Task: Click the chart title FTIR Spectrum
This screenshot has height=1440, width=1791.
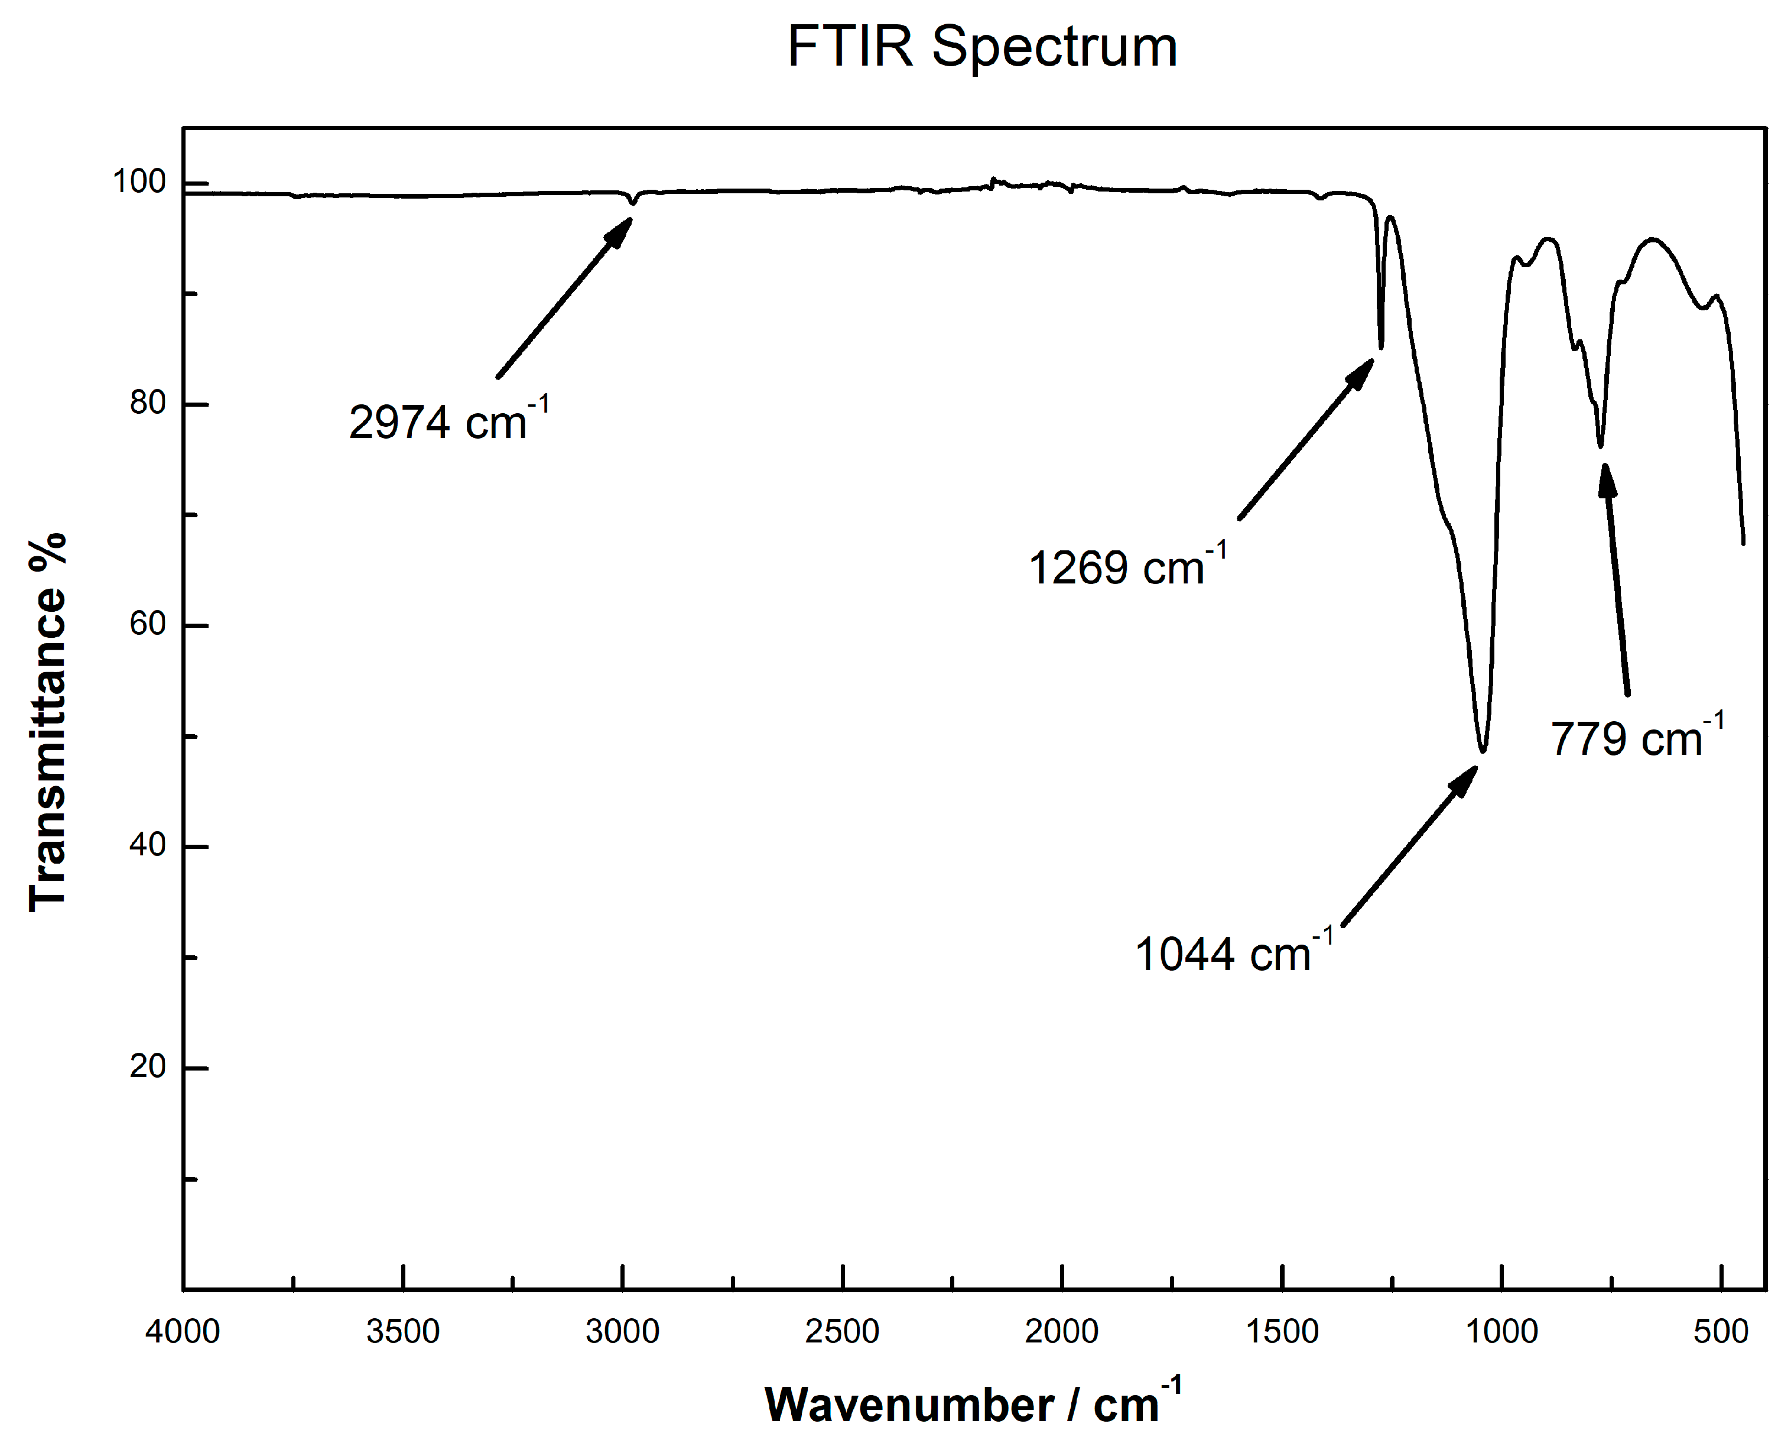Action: click(x=982, y=47)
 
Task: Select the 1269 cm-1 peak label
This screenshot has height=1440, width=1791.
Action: click(x=1127, y=567)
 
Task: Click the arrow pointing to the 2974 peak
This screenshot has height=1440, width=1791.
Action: click(x=565, y=297)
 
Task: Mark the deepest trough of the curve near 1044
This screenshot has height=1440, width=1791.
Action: click(x=1483, y=750)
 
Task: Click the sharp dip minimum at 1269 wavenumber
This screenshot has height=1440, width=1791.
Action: click(x=1381, y=348)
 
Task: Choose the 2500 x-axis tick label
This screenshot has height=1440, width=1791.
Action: click(x=843, y=1331)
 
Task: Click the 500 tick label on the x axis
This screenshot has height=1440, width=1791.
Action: click(x=1721, y=1331)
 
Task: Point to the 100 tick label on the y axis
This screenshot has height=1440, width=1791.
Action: click(x=139, y=182)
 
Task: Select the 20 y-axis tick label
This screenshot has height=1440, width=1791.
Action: click(x=148, y=1066)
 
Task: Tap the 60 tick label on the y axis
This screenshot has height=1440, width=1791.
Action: click(x=148, y=624)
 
